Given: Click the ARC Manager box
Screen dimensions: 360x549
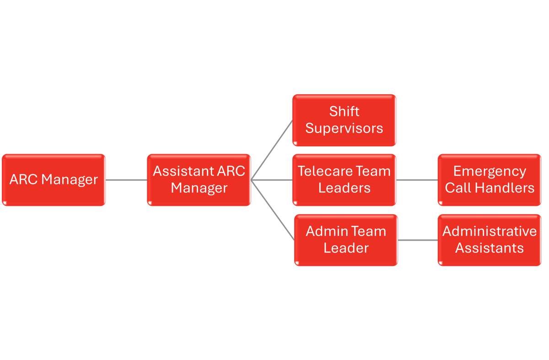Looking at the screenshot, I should click(x=54, y=180).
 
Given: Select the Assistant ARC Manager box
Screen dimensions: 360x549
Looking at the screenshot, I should click(x=199, y=180).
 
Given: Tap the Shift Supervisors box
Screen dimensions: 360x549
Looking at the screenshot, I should click(x=344, y=120).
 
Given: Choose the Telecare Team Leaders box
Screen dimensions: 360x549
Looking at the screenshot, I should click(x=344, y=180).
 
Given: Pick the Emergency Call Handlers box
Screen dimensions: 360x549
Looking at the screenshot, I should click(x=490, y=180).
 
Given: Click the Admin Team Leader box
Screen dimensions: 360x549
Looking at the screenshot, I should click(x=346, y=240).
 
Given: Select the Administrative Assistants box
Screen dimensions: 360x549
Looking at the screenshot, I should click(x=490, y=240).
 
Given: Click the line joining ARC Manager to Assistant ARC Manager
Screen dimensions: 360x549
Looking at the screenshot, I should click(x=126, y=180).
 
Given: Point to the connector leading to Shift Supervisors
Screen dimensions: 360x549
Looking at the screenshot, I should click(x=272, y=150).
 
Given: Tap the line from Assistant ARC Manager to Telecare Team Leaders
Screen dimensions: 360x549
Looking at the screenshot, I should click(x=272, y=180).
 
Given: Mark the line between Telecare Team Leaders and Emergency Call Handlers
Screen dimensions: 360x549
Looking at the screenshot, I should click(x=417, y=180).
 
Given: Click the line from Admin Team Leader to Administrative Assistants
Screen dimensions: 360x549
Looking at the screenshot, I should click(x=418, y=240).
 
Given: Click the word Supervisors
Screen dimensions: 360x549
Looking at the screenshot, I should click(x=344, y=129).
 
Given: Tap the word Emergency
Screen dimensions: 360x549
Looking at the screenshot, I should click(x=490, y=172).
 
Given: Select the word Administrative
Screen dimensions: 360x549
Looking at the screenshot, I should click(x=490, y=231).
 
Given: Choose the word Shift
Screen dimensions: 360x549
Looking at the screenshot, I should click(x=344, y=112).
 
